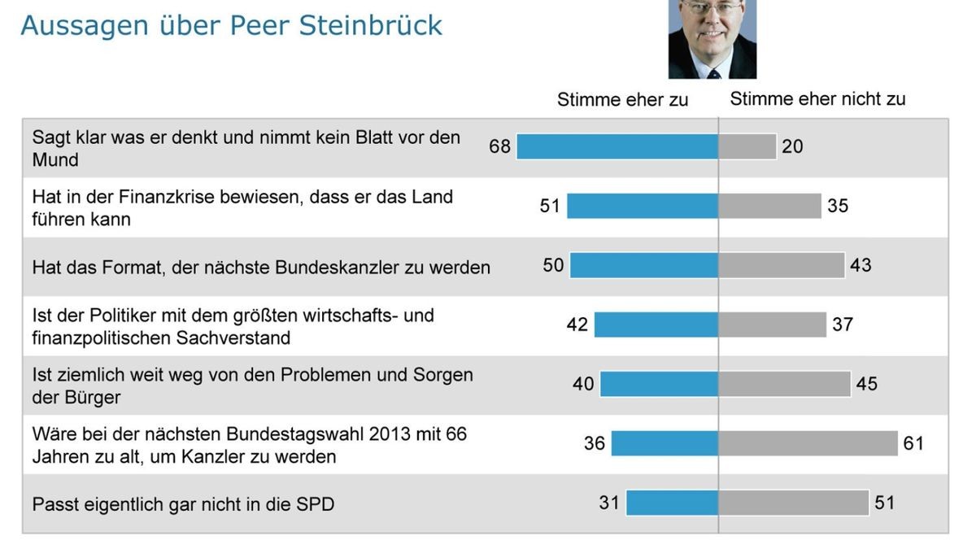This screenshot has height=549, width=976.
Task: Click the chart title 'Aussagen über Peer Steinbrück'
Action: click(x=231, y=25)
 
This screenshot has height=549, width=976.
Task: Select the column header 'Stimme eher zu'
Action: click(x=622, y=100)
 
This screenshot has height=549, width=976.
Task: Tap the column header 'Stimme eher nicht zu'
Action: click(x=817, y=99)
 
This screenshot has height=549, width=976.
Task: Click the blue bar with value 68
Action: click(x=617, y=146)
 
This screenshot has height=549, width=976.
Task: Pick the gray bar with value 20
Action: click(x=747, y=146)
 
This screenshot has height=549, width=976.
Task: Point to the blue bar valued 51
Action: click(x=643, y=206)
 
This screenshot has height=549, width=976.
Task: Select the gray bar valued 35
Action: click(x=770, y=206)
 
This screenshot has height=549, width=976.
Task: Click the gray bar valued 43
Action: click(x=782, y=265)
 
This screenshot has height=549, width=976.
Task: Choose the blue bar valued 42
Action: click(x=656, y=325)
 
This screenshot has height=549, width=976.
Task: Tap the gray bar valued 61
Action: click(x=808, y=443)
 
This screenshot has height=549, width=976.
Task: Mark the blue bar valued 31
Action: click(x=673, y=503)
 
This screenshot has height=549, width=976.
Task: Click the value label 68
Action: click(x=499, y=146)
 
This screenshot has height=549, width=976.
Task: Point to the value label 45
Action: click(x=867, y=383)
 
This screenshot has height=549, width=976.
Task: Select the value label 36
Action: click(x=595, y=443)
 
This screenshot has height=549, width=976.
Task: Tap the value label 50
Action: click(x=553, y=265)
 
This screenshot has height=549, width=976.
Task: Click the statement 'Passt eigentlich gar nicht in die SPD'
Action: click(x=183, y=504)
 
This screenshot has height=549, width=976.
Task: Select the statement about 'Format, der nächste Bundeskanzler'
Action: click(x=261, y=267)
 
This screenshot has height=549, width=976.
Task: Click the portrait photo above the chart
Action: click(x=712, y=38)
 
